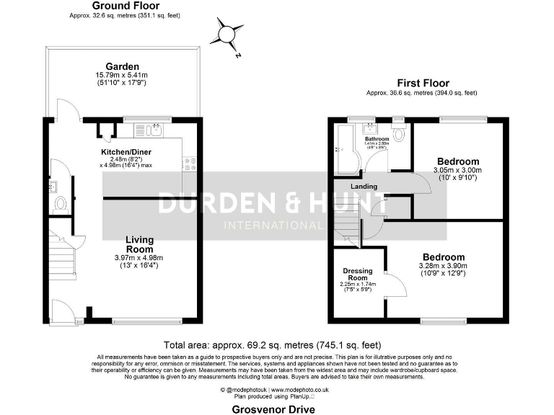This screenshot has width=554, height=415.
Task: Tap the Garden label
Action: (x=122, y=67)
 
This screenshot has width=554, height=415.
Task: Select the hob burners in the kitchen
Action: (x=190, y=164)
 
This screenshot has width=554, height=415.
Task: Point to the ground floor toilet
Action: (x=61, y=203)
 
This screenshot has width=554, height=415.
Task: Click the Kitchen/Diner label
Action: (x=126, y=151)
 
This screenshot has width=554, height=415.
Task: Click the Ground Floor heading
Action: (x=115, y=6)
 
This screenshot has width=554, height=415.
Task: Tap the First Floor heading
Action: (x=421, y=83)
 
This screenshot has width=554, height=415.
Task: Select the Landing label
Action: (x=364, y=187)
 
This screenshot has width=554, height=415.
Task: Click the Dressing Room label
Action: (x=357, y=275)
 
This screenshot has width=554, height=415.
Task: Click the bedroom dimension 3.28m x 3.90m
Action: (x=443, y=266)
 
